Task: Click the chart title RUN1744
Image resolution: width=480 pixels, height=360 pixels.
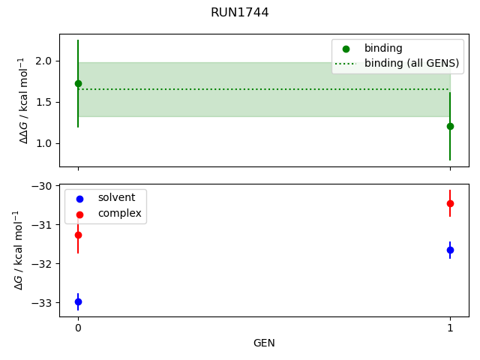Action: point(239,13)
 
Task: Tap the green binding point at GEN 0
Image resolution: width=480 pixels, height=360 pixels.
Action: point(78,83)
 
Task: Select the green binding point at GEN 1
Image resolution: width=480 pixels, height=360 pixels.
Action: point(450,126)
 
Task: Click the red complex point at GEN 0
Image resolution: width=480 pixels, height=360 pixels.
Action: point(78,235)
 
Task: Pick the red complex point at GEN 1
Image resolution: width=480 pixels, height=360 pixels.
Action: point(450,203)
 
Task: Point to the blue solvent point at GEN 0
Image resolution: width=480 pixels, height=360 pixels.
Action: point(78,301)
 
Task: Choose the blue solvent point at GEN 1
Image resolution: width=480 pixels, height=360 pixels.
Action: point(450,250)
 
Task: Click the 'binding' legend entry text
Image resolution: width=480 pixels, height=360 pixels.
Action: point(383,49)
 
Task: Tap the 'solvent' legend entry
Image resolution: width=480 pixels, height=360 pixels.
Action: point(116,198)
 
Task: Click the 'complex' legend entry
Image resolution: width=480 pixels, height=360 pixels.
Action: point(118,213)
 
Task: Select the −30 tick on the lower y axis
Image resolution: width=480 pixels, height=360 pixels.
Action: point(43,186)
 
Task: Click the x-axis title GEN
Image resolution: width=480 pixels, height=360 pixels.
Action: point(264,343)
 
